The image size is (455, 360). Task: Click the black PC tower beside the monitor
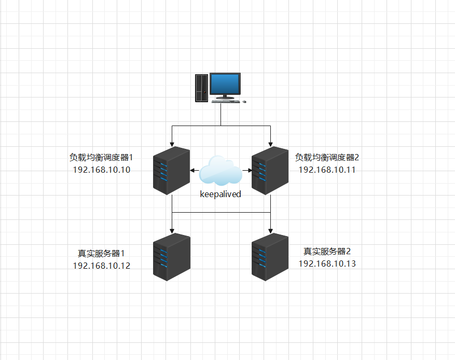pos(201,88)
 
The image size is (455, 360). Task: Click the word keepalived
pos(221,195)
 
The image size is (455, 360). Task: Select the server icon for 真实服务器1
pos(171,257)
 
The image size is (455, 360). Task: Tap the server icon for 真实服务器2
pos(270,257)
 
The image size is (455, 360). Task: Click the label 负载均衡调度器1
pos(102,157)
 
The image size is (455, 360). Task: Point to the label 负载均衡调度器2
pos(327,157)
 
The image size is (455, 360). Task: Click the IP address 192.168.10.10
pos(102,170)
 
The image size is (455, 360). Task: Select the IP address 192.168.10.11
pos(327,170)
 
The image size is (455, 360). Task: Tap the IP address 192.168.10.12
pos(102,266)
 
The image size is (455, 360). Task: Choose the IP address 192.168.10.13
pos(327,264)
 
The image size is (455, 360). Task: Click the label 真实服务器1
pos(102,253)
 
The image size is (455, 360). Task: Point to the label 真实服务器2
pos(327,251)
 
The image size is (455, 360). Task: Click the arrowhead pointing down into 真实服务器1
pos(171,231)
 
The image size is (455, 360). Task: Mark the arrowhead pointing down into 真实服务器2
pos(270,231)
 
